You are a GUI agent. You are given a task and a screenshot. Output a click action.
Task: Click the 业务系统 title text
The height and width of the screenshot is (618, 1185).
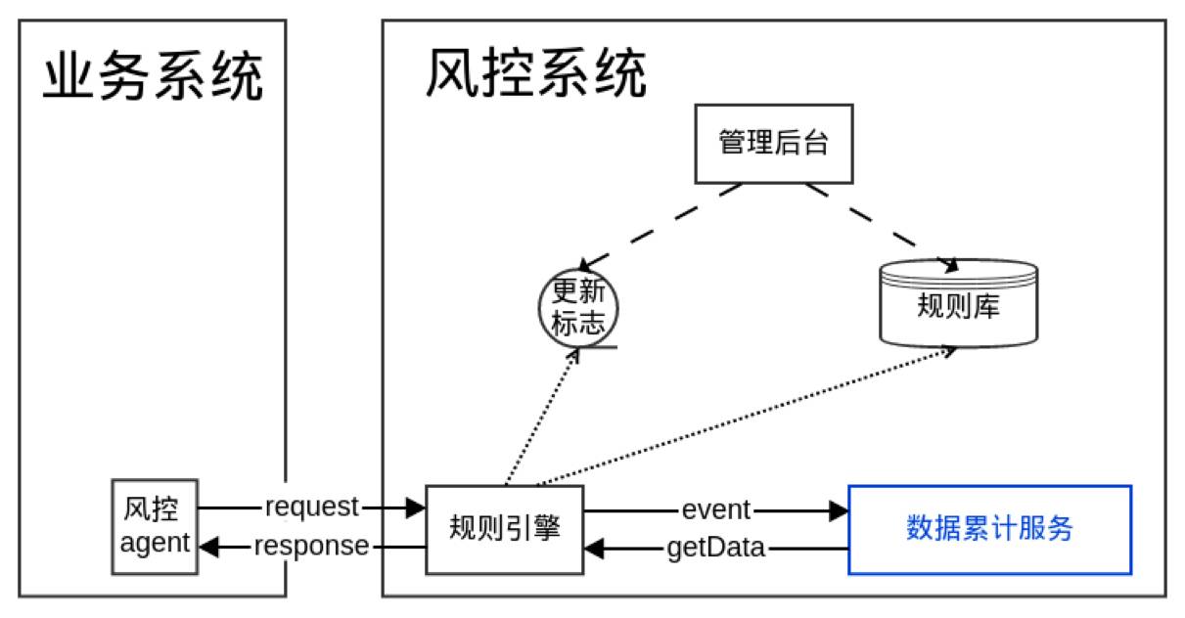pyautogui.click(x=153, y=78)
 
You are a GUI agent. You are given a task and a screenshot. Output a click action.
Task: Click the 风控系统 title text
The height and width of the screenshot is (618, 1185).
pyautogui.click(x=535, y=73)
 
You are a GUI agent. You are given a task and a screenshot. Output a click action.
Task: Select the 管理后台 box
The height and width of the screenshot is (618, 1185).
pyautogui.click(x=774, y=144)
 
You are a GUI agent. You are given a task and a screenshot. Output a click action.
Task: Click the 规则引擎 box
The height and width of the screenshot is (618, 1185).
pyautogui.click(x=505, y=528)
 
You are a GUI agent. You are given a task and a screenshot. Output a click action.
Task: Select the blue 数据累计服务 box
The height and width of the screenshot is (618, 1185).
pyautogui.click(x=989, y=529)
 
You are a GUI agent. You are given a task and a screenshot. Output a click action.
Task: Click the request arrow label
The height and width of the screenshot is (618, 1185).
pyautogui.click(x=312, y=508)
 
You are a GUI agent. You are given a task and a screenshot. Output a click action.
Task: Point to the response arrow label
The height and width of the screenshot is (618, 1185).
pyautogui.click(x=311, y=546)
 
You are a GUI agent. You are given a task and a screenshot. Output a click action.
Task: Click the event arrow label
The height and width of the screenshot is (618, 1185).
pyautogui.click(x=715, y=509)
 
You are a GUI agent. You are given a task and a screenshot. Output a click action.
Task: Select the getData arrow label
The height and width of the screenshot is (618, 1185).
pyautogui.click(x=715, y=548)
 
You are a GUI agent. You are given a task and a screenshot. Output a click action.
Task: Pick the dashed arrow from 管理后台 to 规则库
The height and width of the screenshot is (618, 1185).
pyautogui.click(x=881, y=225)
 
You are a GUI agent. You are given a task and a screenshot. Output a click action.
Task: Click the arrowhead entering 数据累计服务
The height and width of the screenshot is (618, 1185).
pyautogui.click(x=838, y=509)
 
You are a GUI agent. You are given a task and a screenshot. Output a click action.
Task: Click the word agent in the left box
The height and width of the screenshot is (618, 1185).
pyautogui.click(x=155, y=544)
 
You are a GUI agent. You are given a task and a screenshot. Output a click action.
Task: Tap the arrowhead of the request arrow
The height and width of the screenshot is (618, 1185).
pyautogui.click(x=416, y=508)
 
